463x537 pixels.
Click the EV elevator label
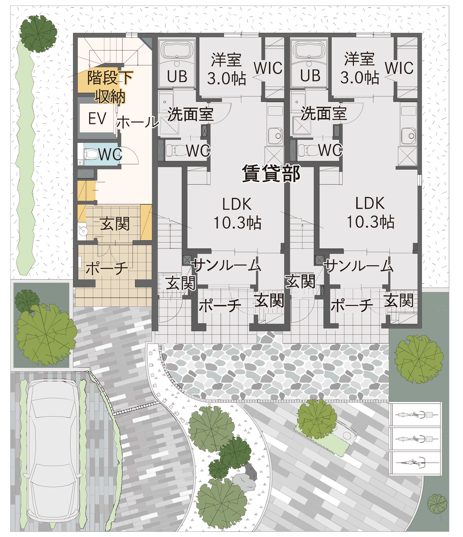[x=97, y=119]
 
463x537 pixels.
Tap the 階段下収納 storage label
[x=110, y=87]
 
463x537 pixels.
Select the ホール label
[x=137, y=122]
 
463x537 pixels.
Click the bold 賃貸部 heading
[x=271, y=173]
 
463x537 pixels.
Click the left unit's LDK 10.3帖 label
[x=237, y=213]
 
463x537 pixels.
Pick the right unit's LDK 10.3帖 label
[x=370, y=213]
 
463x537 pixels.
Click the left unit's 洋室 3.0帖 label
[x=227, y=69]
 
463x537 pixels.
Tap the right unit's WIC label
[x=399, y=68]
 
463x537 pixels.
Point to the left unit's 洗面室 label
[x=190, y=114]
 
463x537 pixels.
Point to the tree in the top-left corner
[x=38, y=34]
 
